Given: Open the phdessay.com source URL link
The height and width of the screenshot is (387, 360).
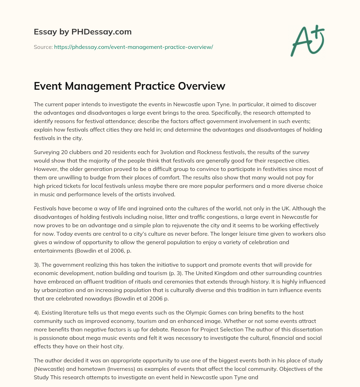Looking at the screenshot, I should click(133, 47).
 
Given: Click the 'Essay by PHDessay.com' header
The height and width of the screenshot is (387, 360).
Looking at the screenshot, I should click(83, 32).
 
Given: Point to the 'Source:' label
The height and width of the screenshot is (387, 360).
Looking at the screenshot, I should click(43, 47).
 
